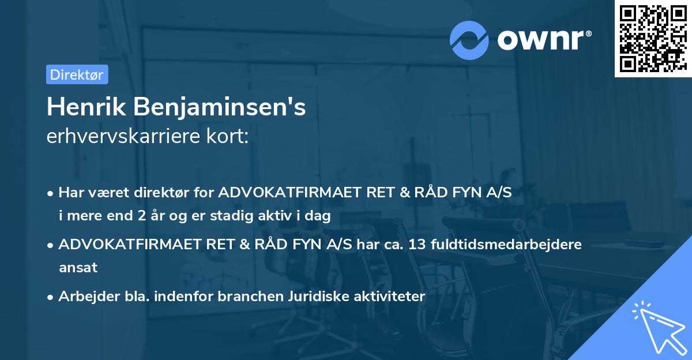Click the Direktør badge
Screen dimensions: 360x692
pyautogui.click(x=77, y=74)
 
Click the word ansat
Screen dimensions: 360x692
pyautogui.click(x=78, y=268)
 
